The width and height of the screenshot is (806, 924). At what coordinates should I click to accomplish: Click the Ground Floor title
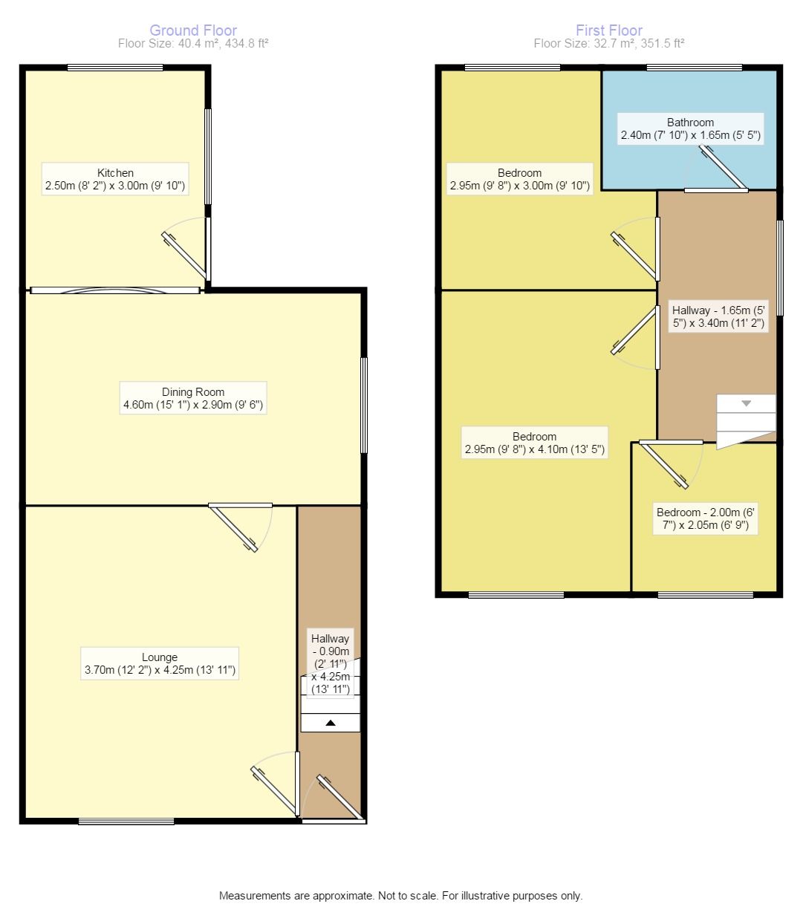click(x=193, y=30)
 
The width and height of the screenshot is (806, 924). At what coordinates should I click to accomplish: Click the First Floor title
click(x=608, y=30)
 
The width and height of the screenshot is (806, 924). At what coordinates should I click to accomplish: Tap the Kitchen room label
click(x=115, y=179)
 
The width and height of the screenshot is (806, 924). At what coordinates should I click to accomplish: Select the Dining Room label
click(x=193, y=398)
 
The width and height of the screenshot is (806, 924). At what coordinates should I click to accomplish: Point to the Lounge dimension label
click(x=160, y=663)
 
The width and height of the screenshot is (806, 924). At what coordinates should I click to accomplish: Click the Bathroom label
click(x=690, y=128)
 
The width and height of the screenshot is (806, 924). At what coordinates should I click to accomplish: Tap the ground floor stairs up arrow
click(x=331, y=723)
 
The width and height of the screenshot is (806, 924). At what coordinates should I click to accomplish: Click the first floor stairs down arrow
click(x=746, y=403)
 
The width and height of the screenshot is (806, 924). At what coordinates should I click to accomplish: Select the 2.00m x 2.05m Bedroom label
click(x=705, y=518)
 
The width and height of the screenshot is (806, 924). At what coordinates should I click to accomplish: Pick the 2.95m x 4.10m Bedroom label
click(x=535, y=443)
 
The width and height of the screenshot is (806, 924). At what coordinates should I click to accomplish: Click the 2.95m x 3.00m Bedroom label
click(x=520, y=179)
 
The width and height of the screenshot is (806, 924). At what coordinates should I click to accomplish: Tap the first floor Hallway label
click(x=718, y=316)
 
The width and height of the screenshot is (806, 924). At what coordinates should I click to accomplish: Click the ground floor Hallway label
click(x=330, y=663)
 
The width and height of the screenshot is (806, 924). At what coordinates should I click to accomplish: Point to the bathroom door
click(x=723, y=168)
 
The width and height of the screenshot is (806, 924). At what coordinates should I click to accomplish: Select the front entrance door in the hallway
click(x=339, y=798)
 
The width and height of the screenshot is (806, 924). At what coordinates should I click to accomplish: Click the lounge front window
click(x=126, y=821)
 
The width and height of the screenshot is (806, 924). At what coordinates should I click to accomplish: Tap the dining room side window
click(x=363, y=405)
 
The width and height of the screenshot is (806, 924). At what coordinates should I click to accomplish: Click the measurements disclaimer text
click(x=400, y=896)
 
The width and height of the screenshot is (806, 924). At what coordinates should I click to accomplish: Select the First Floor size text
click(x=608, y=43)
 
